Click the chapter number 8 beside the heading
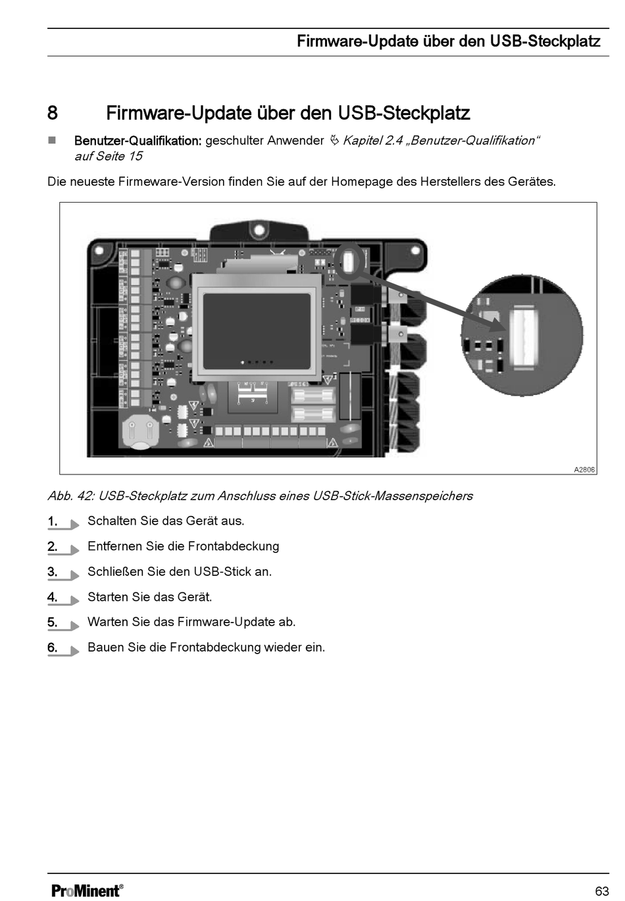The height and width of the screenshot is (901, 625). point(53,113)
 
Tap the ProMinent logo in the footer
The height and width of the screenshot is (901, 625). point(87,890)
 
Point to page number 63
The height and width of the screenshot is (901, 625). point(601,891)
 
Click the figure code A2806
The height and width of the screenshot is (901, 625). point(584,470)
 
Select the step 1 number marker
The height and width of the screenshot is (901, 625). point(53,521)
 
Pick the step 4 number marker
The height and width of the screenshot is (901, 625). point(53,598)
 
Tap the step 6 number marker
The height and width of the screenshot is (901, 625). point(53,648)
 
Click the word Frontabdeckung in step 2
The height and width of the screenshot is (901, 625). point(234,546)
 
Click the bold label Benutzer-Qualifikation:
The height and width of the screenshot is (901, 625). point(137,141)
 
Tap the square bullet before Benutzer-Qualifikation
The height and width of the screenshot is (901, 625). point(52,141)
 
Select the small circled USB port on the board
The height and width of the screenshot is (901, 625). point(349,261)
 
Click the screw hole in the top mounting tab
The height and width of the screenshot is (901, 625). point(259,230)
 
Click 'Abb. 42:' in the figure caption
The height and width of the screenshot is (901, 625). point(70,496)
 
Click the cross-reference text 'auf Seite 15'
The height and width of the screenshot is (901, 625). point(108,157)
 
